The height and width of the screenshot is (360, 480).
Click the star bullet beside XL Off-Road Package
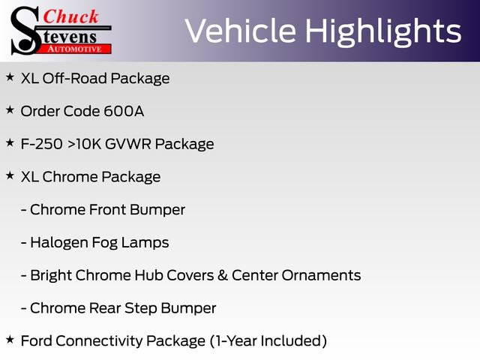pos(10,77)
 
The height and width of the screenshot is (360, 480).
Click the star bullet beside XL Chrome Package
pos(10,176)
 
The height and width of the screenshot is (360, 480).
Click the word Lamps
pos(145,242)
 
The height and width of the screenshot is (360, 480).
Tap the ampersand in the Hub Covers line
pos(222,275)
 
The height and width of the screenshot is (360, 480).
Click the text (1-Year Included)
pos(268,341)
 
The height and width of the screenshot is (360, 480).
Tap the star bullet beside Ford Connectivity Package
pos(10,340)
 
